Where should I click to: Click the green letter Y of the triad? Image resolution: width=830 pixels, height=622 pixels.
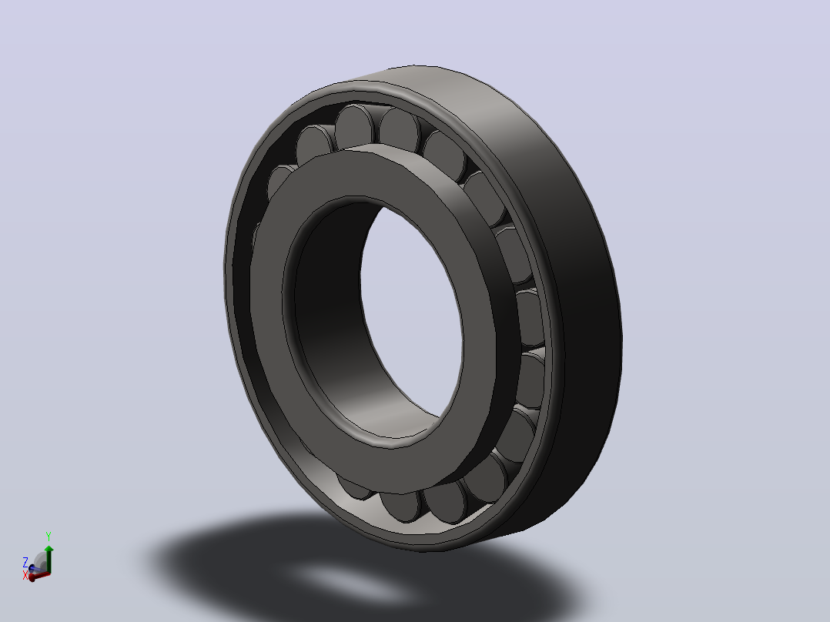pos(49,537)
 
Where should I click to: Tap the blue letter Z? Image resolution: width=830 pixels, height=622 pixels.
pos(25,561)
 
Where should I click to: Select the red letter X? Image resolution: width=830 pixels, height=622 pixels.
pos(25,575)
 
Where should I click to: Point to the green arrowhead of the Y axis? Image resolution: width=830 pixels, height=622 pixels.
pos(49,549)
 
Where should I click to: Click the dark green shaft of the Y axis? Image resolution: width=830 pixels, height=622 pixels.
pos(49,562)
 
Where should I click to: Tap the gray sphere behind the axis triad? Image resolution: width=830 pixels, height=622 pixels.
pos(40,561)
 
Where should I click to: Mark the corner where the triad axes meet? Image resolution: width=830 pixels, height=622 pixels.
pos(49,572)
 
